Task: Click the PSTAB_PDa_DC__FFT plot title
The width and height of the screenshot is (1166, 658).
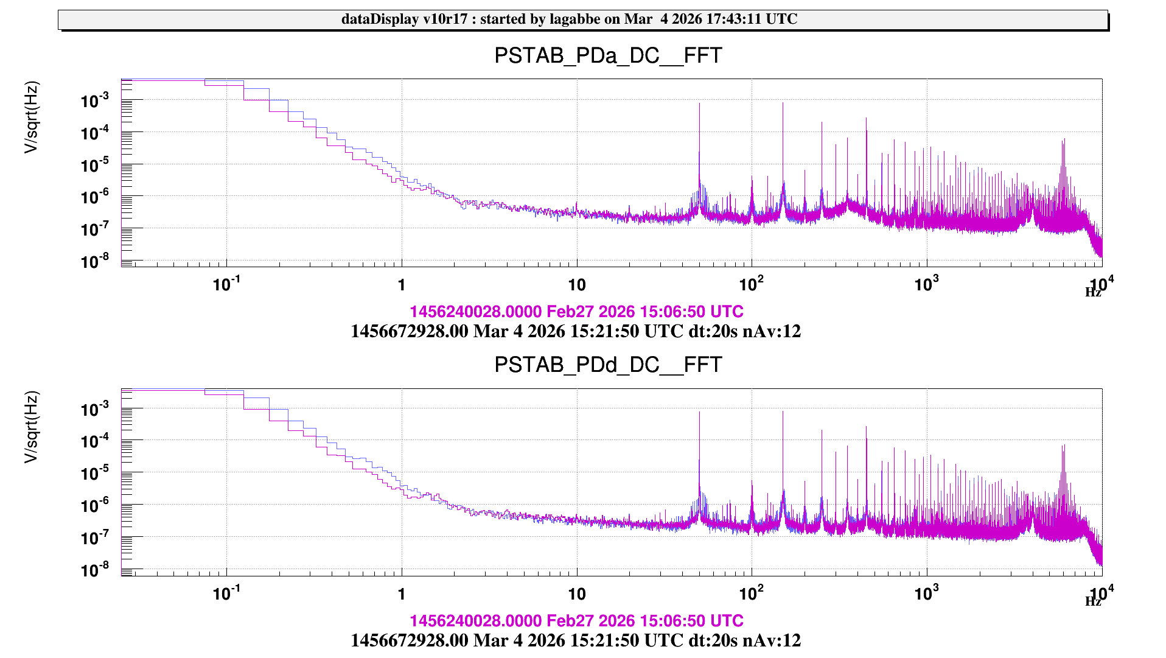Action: coord(607,56)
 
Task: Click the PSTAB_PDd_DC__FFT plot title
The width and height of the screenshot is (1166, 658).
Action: coord(607,365)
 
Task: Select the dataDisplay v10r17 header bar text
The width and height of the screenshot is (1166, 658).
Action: coord(569,19)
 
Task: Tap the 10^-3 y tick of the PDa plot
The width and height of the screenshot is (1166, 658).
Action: coord(94,101)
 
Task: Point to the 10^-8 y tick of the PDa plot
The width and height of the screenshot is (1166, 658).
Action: coord(94,262)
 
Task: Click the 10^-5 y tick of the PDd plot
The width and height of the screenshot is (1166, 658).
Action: coord(94,474)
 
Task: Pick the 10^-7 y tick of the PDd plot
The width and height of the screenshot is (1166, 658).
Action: coord(94,538)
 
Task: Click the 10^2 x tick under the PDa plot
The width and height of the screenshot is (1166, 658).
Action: coord(751,285)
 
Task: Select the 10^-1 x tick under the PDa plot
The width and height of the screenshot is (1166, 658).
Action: coord(226,285)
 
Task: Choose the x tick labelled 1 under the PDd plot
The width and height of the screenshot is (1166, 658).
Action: coord(402,594)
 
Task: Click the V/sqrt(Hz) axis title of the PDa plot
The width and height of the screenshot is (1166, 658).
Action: coord(31,117)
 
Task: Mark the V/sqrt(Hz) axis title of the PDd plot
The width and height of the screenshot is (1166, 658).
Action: coord(31,427)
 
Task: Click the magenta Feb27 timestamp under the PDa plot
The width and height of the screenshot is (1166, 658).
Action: coord(576,312)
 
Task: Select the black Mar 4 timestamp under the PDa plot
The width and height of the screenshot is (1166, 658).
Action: coord(575,332)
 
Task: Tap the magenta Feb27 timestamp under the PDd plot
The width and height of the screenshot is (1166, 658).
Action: coord(576,621)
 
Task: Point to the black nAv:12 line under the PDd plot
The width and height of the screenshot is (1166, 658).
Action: coord(575,641)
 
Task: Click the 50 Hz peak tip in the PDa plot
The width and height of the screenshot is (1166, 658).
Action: coord(699,104)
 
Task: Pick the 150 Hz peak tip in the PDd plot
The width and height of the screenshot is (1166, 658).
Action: coord(783,412)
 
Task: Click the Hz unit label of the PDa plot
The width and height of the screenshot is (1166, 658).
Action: coord(1092,293)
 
